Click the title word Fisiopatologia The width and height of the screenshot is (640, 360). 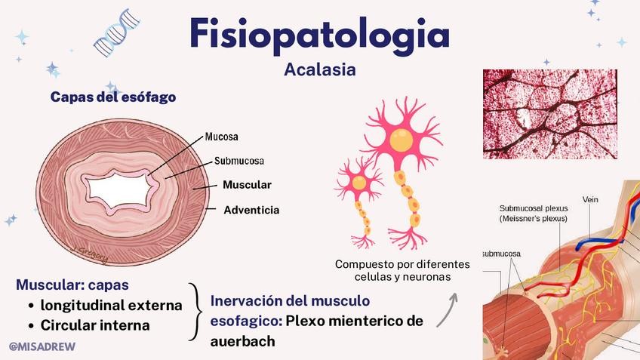pos(320,34)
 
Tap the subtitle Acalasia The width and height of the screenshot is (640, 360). pos(320,69)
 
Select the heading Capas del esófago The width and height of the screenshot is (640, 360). pos(113,97)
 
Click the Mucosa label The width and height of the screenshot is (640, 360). pos(222,137)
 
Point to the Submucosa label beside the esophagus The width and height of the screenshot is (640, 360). pos(239,161)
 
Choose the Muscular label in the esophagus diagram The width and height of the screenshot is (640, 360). pos(247,185)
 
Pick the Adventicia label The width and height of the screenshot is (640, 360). pos(251,210)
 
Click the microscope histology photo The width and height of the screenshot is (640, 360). pos(549,113)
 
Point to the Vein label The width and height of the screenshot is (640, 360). pos(590,200)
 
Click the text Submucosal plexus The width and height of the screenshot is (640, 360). pos(534,208)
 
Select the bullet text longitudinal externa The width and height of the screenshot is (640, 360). pos(111,306)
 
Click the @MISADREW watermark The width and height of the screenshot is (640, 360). pos(42,345)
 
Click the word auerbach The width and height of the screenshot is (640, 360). pos(242,342)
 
